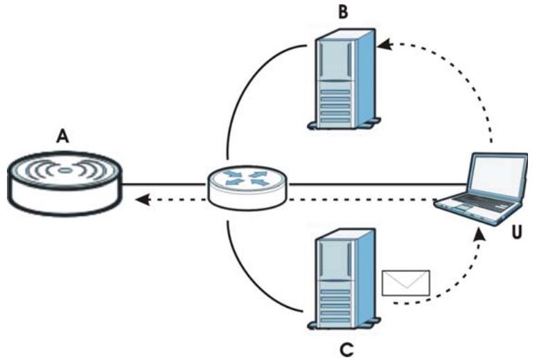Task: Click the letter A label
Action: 62,136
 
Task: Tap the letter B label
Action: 343,12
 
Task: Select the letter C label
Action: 346,350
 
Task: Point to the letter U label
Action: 517,233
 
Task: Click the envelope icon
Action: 406,282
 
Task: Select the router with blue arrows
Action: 248,187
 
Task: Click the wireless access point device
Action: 64,183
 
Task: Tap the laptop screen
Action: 498,176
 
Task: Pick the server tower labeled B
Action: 344,79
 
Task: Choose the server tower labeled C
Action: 344,279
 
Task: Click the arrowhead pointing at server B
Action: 385,44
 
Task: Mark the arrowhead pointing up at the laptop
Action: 480,235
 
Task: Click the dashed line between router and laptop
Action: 361,199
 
